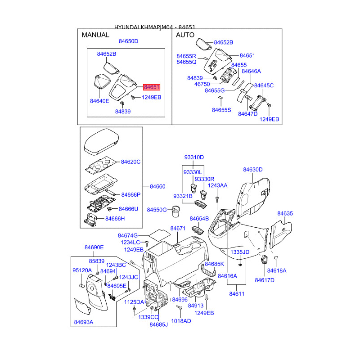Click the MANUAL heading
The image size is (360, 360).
click(95, 35)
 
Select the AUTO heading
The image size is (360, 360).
click(185, 35)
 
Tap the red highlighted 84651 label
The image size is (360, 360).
click(152, 87)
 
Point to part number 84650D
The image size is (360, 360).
click(128, 41)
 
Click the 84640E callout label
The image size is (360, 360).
click(99, 101)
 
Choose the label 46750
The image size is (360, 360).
click(202, 84)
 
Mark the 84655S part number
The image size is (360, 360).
click(221, 110)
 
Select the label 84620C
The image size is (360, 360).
click(131, 162)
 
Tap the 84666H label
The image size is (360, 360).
click(115, 219)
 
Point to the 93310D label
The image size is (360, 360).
click(194, 157)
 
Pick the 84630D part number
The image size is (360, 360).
click(253, 170)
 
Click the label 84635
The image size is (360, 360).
click(285, 214)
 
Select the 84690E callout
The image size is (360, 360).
click(94, 247)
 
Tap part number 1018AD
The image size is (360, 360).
click(181, 321)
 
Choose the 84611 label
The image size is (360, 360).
click(237, 293)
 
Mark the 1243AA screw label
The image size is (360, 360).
click(217, 185)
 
